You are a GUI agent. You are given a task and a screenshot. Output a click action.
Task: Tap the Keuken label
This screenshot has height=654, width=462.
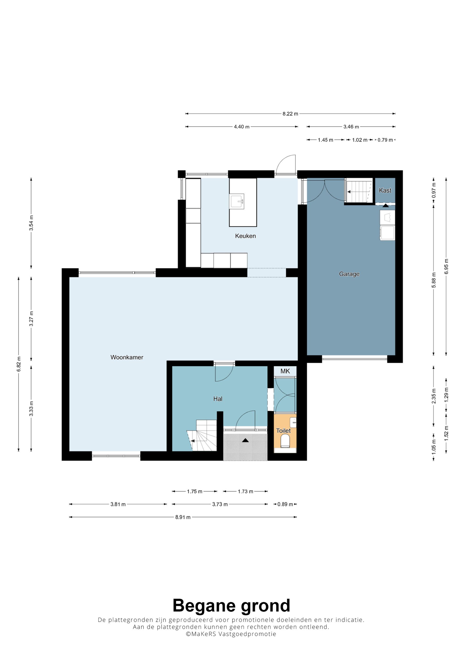coord(245,236)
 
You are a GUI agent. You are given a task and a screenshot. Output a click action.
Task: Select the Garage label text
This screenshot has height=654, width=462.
coord(349,274)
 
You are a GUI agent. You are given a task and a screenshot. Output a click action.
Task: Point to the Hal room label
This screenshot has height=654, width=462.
coord(218,399)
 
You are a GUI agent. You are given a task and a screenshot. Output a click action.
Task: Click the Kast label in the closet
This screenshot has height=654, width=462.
coord(385,190)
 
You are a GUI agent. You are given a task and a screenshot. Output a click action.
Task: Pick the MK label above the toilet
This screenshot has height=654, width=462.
coord(285,371)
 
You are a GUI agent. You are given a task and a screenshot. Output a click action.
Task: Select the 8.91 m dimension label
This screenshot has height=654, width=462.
coord(183,517)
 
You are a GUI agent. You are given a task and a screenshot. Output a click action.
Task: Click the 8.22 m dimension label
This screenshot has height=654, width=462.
coord(290,114)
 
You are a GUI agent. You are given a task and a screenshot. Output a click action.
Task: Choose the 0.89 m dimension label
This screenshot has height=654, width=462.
coord(285,504)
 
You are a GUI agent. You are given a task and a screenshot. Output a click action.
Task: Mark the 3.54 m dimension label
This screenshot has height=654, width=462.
coord(31,223)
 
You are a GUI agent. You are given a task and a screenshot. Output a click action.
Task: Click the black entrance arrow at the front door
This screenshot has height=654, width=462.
coord(245,440)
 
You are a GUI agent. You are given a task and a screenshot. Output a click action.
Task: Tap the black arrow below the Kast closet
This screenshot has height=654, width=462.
coord(386,205)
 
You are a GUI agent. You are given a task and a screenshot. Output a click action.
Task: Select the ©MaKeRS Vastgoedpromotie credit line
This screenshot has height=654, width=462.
coord(231,634)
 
